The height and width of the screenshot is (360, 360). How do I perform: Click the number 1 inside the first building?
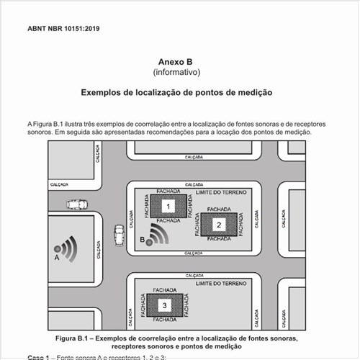click(x=168, y=207)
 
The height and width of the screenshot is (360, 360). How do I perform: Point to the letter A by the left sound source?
click(x=56, y=256)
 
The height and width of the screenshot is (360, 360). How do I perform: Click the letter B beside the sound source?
click(x=143, y=238)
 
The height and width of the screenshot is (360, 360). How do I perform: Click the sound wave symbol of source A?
click(x=67, y=248)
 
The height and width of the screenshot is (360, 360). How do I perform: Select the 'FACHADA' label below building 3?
click(x=166, y=320)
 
